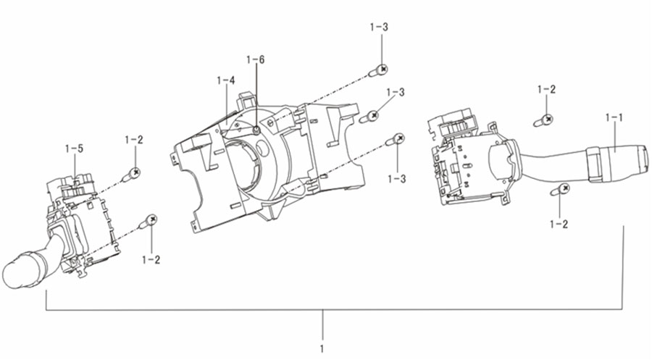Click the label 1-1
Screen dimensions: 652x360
pos(614,117)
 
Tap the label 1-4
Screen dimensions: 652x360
pos(226,80)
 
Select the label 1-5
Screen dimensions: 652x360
pos(74,148)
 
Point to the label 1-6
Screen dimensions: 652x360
pos(255,60)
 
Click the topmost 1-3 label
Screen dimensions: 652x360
pos(379,27)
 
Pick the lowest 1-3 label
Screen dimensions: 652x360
pos(397,179)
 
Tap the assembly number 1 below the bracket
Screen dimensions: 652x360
pos(322,348)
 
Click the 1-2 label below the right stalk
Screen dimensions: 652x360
pos(559,225)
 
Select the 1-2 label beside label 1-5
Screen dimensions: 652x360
pos(134,140)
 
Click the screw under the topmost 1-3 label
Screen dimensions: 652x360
pos(378,71)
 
